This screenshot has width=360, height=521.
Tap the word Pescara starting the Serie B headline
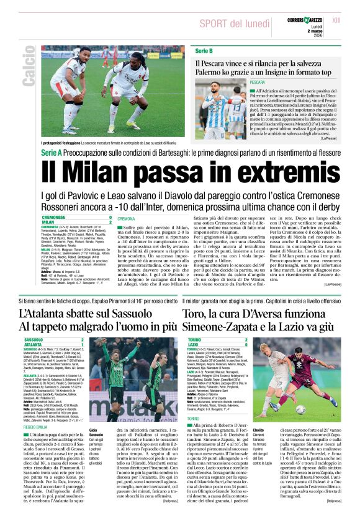tap(213, 63)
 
